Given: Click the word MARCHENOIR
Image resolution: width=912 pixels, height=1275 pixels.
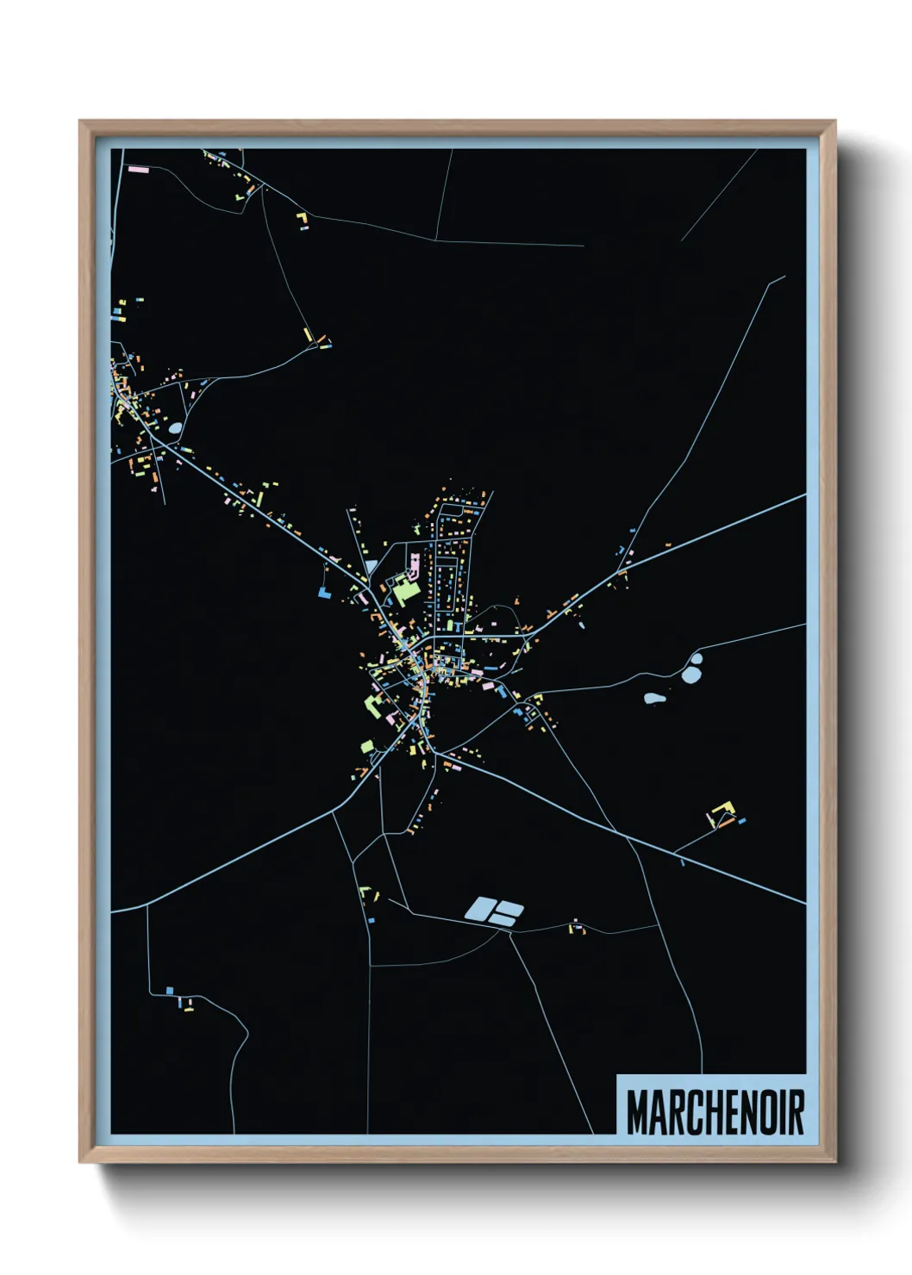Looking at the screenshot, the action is pos(715,1112).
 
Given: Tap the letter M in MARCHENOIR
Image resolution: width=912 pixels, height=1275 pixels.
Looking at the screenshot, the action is pos(637,1112).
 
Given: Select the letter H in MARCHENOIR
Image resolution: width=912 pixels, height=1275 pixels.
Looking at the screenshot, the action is pos(703,1112).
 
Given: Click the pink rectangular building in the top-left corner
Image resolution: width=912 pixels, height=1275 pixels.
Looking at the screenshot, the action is pos(139,170).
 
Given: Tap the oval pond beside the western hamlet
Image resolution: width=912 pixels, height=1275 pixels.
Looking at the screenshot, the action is pos(176,427).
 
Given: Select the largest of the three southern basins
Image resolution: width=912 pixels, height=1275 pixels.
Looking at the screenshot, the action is pos(478,907).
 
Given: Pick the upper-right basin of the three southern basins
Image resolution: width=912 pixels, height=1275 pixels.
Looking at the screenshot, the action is pos(509,907).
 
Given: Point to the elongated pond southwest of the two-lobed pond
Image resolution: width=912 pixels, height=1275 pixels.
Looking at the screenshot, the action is pos(654,699).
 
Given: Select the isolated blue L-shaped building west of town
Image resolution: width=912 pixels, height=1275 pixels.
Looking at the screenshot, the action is pos(324,593).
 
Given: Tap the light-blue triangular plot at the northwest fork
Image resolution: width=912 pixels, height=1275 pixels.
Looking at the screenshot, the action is pos(372,566).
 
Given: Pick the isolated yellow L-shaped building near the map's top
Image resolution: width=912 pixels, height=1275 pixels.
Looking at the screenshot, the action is pos(303,221).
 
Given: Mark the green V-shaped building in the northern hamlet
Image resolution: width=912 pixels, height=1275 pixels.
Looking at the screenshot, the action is pos(240,197).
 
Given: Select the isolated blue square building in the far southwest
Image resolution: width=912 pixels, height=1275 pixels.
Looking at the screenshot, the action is pos(170,991).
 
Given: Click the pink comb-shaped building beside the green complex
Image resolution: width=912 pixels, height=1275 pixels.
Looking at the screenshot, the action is pos(414,567).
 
